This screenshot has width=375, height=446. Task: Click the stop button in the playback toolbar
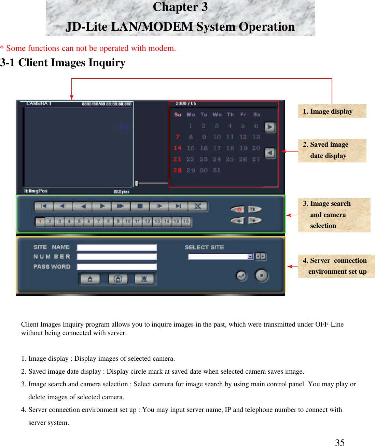140,206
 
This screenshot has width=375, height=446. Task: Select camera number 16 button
186,221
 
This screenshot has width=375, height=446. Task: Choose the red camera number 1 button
40,222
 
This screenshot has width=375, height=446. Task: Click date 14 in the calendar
177,148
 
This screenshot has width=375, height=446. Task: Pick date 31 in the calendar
217,170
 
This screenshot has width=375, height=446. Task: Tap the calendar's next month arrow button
270,127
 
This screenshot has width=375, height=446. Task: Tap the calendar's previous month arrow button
270,153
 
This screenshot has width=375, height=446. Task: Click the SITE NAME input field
116,247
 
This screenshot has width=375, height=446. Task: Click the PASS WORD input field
116,267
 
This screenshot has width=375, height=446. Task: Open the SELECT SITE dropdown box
220,257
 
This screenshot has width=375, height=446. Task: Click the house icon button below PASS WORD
90,279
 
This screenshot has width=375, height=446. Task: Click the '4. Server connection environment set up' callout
336,266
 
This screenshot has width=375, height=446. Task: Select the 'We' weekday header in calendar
217,115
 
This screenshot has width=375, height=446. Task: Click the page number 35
339,442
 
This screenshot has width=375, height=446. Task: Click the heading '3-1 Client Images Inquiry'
63,63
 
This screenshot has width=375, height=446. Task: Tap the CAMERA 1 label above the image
39,103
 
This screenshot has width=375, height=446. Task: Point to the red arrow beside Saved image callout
290,151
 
